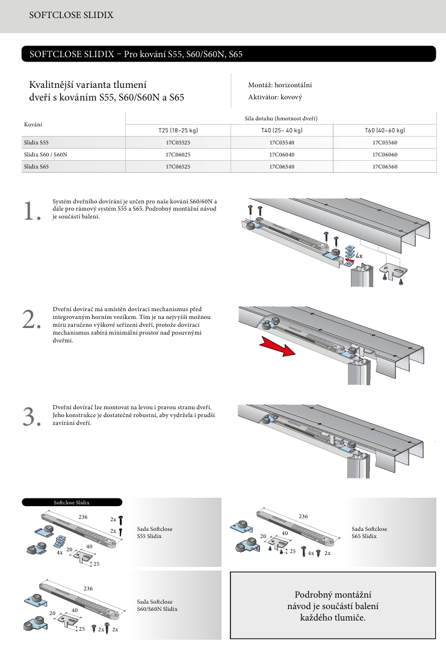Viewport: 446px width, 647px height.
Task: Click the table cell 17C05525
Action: (x=178, y=143)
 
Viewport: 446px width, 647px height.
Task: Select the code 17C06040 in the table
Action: (x=282, y=154)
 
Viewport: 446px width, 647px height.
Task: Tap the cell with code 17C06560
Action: (x=385, y=166)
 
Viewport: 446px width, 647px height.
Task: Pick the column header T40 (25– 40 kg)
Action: (x=282, y=131)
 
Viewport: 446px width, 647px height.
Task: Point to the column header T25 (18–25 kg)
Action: (x=178, y=131)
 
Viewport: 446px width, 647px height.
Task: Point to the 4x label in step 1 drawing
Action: (x=359, y=256)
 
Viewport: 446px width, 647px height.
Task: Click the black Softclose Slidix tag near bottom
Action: (x=72, y=502)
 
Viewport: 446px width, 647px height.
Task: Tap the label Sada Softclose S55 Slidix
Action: (x=155, y=532)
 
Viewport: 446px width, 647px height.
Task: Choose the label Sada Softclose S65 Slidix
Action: (x=370, y=532)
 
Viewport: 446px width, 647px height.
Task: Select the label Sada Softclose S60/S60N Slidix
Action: (x=157, y=605)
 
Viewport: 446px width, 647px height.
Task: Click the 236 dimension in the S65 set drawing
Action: (x=303, y=516)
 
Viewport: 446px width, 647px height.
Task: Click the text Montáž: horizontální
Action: (x=280, y=85)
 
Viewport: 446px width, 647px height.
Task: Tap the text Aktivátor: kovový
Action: (x=275, y=97)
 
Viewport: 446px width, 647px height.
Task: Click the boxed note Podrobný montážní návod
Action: (x=333, y=606)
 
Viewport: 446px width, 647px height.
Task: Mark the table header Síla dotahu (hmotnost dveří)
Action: (x=281, y=118)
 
